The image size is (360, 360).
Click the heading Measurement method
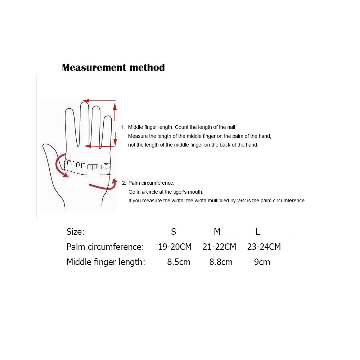tap(113, 68)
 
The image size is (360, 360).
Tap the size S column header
tap(174, 231)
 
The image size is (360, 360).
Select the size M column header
tap(217, 231)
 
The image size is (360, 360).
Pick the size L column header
tap(258, 231)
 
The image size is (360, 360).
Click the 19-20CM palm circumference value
tap(175, 247)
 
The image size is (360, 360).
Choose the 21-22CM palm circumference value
tap(219, 247)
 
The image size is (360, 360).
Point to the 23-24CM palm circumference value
tap(264, 247)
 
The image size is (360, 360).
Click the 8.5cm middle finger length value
tap(179, 262)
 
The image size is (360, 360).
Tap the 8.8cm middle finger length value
tap(221, 262)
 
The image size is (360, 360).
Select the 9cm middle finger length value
tap(262, 262)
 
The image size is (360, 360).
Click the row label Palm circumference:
tap(105, 247)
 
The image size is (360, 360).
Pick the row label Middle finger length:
tap(106, 262)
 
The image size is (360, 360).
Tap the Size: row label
tap(76, 231)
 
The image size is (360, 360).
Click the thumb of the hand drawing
tap(51, 156)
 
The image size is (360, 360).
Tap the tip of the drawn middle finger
tap(85, 102)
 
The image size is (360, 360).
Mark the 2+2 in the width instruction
tap(241, 201)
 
